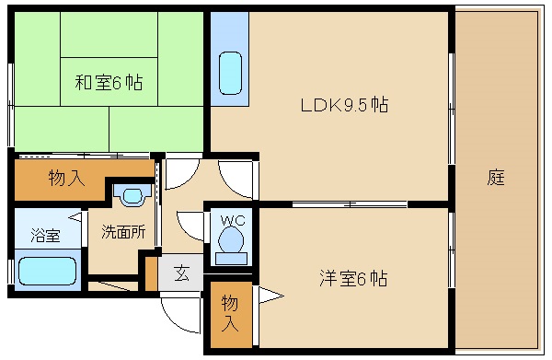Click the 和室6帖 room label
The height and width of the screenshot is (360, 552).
click(109, 83)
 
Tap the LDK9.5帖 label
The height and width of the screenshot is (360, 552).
click(345, 105)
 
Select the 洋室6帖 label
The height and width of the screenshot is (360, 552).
click(353, 278)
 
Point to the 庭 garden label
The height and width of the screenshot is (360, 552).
click(496, 177)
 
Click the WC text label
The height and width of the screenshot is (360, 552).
click(233, 220)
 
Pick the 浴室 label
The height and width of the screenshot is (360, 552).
click(45, 235)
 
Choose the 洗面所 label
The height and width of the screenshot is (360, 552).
click(123, 232)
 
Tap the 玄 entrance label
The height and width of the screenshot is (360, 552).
click(181, 273)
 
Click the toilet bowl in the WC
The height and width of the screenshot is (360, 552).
click(231, 240)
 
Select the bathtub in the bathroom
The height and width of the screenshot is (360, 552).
click(47, 271)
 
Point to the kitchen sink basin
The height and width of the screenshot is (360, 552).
click(231, 74)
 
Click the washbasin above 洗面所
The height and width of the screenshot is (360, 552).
click(132, 196)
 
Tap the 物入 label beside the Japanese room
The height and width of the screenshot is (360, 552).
click(66, 177)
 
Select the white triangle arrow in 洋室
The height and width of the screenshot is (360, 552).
click(270, 296)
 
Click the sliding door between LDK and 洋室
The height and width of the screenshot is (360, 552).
click(350, 204)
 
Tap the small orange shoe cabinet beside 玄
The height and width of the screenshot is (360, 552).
click(152, 274)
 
